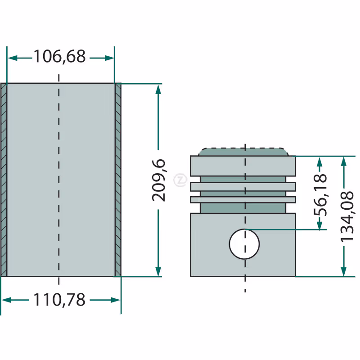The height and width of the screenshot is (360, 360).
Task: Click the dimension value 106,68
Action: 60,57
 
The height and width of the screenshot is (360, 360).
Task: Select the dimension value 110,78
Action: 59,300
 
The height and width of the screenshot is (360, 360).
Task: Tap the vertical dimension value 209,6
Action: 158,180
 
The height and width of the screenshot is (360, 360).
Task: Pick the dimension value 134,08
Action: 347,216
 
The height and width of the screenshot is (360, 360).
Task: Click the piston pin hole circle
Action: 244,244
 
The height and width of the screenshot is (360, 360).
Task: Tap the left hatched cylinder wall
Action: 4,180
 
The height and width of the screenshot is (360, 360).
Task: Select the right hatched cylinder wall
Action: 118,180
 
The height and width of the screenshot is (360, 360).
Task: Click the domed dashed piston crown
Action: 243,152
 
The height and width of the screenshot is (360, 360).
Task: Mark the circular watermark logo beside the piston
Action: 180,180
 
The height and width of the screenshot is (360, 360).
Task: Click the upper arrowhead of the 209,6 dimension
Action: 158,89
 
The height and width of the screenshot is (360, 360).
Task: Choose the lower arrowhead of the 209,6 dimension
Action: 158,271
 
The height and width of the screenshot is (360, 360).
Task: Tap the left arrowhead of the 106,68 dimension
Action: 13,58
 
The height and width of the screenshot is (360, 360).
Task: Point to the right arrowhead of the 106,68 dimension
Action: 109,58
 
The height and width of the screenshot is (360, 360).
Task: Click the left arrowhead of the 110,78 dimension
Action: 6,300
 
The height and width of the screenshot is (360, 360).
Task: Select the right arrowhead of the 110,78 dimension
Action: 116,300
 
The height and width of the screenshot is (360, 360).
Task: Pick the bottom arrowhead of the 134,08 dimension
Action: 343,271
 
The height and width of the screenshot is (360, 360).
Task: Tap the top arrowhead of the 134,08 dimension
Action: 343,162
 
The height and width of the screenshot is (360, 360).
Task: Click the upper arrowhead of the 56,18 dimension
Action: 319,162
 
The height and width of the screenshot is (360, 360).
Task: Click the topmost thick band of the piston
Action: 243,166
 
